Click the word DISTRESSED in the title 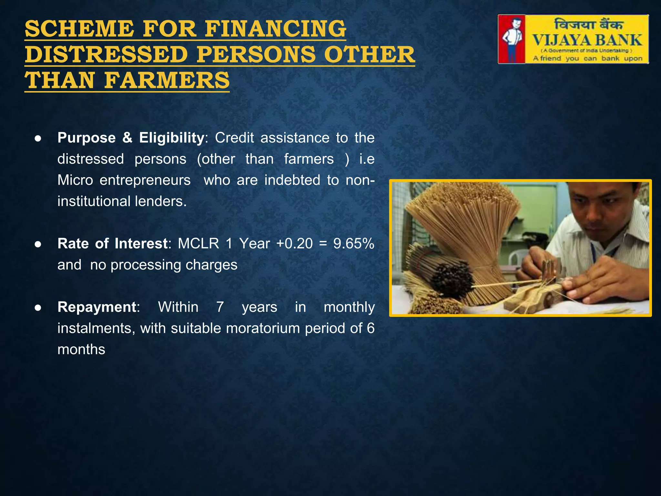[106, 55]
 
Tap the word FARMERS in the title [167, 81]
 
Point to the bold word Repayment [97, 307]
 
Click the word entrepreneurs [145, 180]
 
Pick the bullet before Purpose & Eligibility [38, 139]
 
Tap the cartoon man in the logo [512, 39]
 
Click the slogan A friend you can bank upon [587, 58]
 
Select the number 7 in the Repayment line [220, 307]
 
